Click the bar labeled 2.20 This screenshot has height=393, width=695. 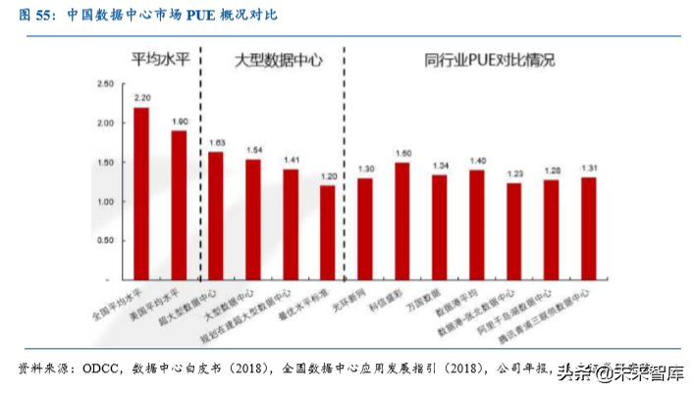point(141,192)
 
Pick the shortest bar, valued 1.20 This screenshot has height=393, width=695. point(328,230)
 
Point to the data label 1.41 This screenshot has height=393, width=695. point(291,159)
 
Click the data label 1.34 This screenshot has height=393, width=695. point(440,165)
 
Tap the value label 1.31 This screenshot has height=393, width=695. point(588,168)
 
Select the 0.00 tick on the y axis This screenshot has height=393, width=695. point(105,276)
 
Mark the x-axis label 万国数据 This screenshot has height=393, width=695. point(426,295)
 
